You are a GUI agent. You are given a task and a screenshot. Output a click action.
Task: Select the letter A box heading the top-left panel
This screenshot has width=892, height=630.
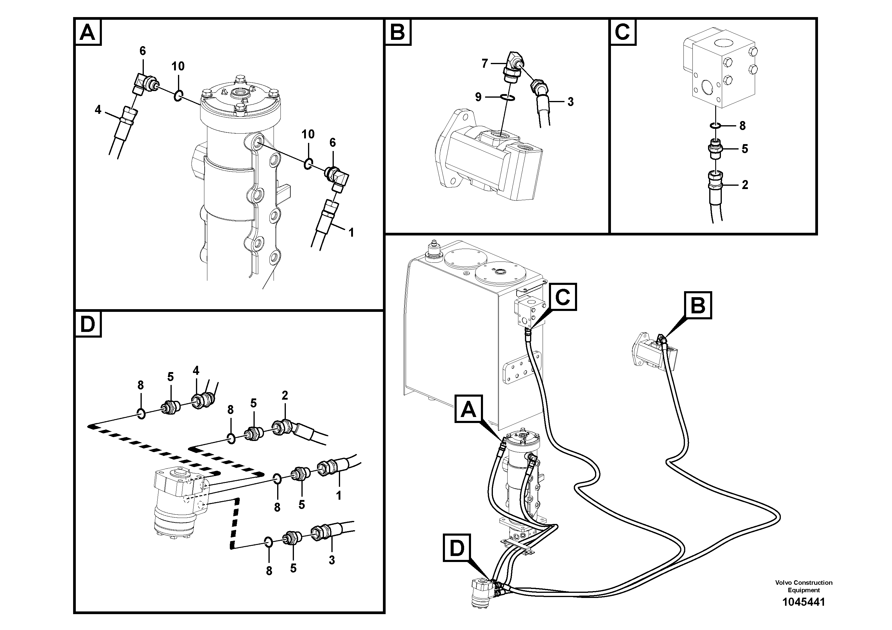pyautogui.click(x=87, y=32)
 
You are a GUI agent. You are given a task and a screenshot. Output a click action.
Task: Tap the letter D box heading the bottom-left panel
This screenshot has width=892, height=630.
pyautogui.click(x=88, y=324)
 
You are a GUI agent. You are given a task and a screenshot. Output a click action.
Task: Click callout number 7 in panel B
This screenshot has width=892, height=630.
pyautogui.click(x=485, y=63)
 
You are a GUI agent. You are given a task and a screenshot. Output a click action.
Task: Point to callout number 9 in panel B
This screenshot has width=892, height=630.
pyautogui.click(x=478, y=97)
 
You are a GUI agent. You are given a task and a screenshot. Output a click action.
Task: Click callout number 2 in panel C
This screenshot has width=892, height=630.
pyautogui.click(x=744, y=185)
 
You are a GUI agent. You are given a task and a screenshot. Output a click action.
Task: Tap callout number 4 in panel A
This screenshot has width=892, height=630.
pyautogui.click(x=98, y=110)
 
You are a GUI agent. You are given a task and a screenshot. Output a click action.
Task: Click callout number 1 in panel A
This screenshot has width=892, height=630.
pyautogui.click(x=351, y=233)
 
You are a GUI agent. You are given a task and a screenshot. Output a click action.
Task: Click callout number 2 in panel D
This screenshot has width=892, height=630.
pyautogui.click(x=285, y=396)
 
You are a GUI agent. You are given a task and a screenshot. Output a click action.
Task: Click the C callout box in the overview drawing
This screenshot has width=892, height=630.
pyautogui.click(x=562, y=297)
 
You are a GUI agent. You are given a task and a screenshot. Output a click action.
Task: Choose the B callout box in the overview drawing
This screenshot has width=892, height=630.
pyautogui.click(x=698, y=305)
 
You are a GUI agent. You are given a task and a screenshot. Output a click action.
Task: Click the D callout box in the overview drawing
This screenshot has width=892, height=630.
pyautogui.click(x=457, y=548)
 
